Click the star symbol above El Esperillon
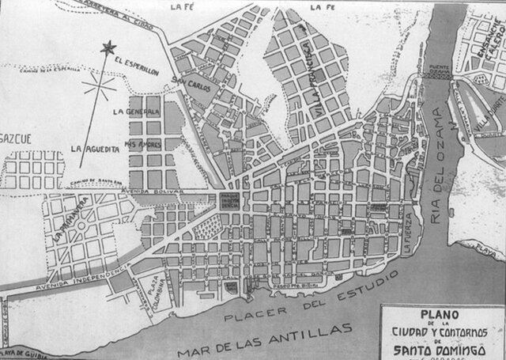click(x=108, y=48)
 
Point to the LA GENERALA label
click(x=136, y=112)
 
